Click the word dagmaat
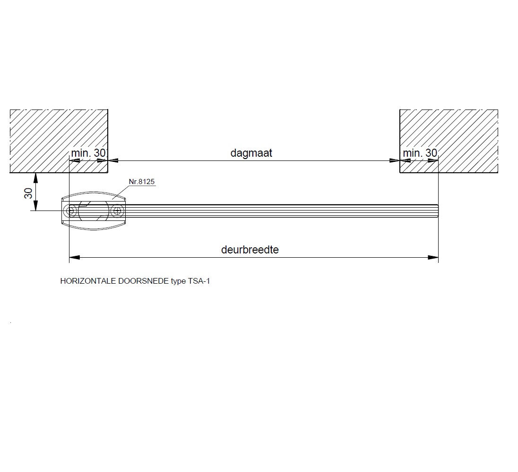(x=251, y=153)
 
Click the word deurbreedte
(x=250, y=250)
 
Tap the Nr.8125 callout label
(x=142, y=181)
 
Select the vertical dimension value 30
(x=27, y=193)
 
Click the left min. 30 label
(x=88, y=153)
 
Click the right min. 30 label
(x=420, y=153)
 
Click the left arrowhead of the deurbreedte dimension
(x=75, y=257)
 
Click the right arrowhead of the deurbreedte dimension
(x=433, y=257)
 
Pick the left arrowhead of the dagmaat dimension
(x=113, y=160)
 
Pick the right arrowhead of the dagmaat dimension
(x=394, y=160)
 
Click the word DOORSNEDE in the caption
(x=143, y=281)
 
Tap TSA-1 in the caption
(x=199, y=281)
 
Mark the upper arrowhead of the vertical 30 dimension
(x=35, y=178)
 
